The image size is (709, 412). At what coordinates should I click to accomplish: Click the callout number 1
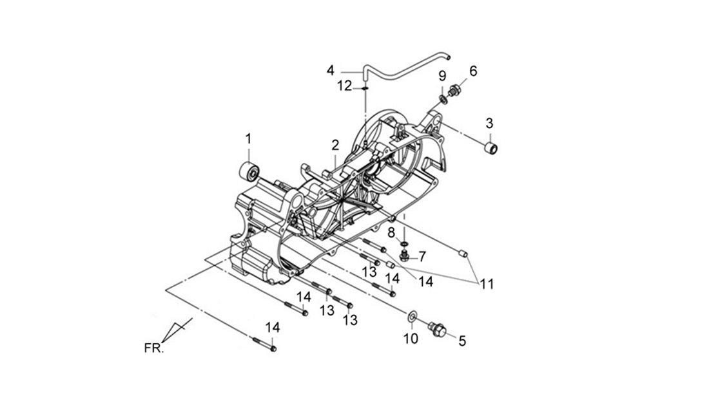(248, 138)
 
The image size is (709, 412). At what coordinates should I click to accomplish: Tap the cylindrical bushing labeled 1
(249, 172)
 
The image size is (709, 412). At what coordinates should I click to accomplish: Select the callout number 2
(335, 145)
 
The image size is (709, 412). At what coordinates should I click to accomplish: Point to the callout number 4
(331, 71)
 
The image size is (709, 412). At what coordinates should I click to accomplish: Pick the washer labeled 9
(443, 98)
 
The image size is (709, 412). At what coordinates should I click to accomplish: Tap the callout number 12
(345, 86)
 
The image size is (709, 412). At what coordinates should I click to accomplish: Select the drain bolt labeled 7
(404, 256)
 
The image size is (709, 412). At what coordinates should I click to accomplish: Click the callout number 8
(391, 233)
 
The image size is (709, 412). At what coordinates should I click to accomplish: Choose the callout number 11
(487, 284)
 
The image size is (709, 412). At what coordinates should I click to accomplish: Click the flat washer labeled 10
(412, 317)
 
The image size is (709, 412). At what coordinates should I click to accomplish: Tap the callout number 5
(462, 341)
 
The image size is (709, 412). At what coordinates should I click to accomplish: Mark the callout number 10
(411, 339)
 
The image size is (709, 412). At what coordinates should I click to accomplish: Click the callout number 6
(473, 71)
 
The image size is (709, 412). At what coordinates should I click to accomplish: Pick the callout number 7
(422, 257)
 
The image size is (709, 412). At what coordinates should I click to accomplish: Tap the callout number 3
(490, 123)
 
